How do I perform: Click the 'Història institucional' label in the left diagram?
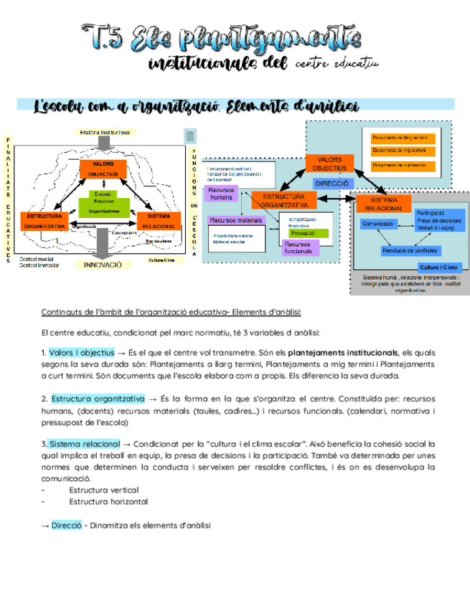pyautogui.click(x=105, y=133)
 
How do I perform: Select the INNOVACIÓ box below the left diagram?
pyautogui.click(x=104, y=264)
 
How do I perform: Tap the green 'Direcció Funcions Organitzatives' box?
pyautogui.click(x=105, y=203)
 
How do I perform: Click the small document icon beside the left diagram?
pyautogui.click(x=190, y=136)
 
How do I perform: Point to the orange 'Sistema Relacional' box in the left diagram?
pyautogui.click(x=158, y=220)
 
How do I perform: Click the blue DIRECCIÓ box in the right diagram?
pyautogui.click(x=332, y=184)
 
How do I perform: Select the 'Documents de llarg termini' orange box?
pyautogui.click(x=400, y=138)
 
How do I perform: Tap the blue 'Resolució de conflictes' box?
pyautogui.click(x=410, y=250)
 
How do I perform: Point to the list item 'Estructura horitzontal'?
pyautogui.click(x=109, y=501)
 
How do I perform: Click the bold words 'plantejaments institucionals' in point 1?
pyautogui.click(x=343, y=353)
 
